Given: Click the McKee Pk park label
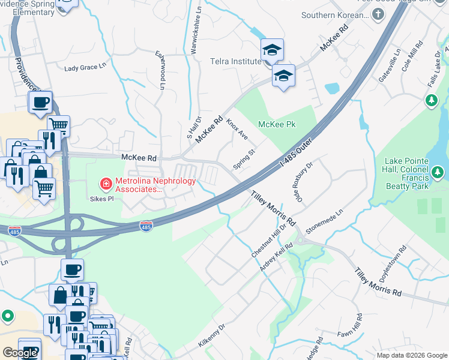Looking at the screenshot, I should click(277, 124).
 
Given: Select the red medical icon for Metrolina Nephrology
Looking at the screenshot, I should click(106, 183).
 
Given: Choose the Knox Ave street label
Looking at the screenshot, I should click(237, 129).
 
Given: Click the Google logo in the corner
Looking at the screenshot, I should click(20, 353).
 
